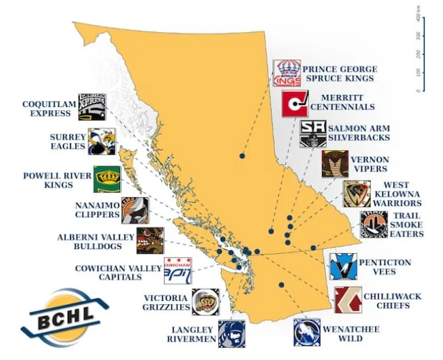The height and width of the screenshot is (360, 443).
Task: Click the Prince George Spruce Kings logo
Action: pyautogui.click(x=287, y=73)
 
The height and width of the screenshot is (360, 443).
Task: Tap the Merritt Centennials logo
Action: pyautogui.click(x=295, y=104)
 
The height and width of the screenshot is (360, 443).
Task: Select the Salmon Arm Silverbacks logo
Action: pyautogui.click(x=313, y=134)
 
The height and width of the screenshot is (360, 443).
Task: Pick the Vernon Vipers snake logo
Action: pyautogui.click(x=335, y=164)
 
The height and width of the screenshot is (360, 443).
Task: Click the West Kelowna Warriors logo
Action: pyautogui.click(x=357, y=193)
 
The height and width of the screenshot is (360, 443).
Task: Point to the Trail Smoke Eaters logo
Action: pyautogui.click(x=374, y=225)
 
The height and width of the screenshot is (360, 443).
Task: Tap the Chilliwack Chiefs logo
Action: pyautogui.click(x=348, y=300)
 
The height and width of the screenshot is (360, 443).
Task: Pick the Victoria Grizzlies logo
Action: pyautogui.click(x=205, y=302)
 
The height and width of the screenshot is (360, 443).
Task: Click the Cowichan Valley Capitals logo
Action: pyautogui.click(x=177, y=270)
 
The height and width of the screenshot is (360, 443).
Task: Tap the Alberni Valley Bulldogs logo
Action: pyautogui.click(x=149, y=240)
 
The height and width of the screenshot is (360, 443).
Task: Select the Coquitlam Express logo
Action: pyautogui.click(x=92, y=107)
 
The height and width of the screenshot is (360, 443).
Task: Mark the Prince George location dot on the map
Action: pyautogui.click(x=242, y=155)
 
